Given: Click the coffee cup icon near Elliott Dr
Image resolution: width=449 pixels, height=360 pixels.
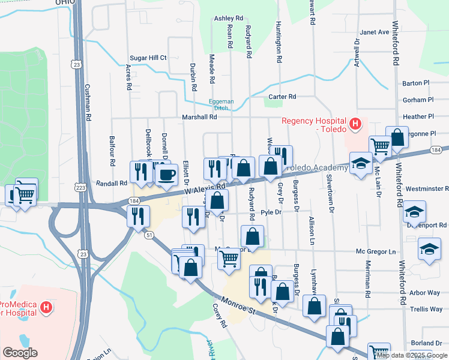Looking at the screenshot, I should pos(166,175).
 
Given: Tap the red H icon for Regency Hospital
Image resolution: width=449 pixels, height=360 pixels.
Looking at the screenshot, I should pos(356,125).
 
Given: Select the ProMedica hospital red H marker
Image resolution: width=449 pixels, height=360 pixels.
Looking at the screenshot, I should pos(47,308).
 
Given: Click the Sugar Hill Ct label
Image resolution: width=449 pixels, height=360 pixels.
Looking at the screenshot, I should pos(148,58).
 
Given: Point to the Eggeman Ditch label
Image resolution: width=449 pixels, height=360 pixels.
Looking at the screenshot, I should pos(221,104).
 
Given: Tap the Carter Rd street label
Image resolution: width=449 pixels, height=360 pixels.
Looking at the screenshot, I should pos(282,97).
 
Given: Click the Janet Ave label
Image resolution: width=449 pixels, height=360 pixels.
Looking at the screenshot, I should pos(375,32).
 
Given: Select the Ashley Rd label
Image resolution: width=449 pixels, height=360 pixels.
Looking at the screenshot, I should pos(229,19).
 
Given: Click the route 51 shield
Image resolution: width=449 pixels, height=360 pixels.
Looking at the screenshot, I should pos(148,235).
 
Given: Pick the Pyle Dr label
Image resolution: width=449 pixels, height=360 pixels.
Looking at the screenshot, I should pos(271,212).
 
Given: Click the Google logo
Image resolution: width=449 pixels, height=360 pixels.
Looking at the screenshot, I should pos(20,352).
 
